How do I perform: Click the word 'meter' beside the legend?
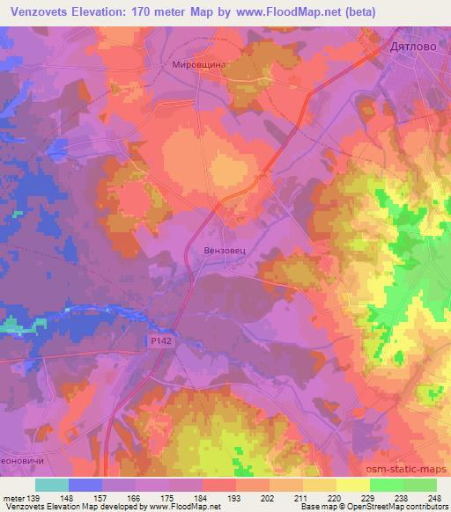tap(14, 498)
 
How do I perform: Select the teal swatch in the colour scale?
tap(52, 485)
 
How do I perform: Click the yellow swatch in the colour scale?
tap(352, 485)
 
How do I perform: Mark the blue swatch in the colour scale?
tap(85, 485)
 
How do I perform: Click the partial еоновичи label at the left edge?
tap(21, 460)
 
